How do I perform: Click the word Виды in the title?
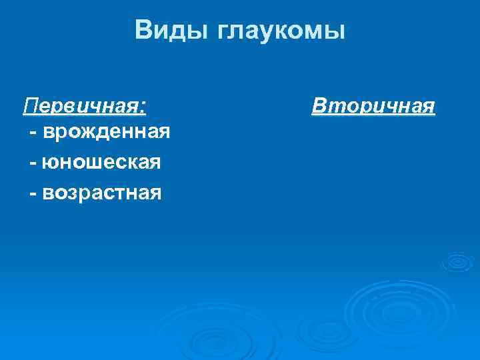171,31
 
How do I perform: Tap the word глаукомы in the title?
281,31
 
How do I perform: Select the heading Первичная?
85,105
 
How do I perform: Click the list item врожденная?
105,133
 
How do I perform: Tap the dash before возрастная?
33,193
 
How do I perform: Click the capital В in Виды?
143,30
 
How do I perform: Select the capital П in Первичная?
30,105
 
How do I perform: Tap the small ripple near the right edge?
458,262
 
